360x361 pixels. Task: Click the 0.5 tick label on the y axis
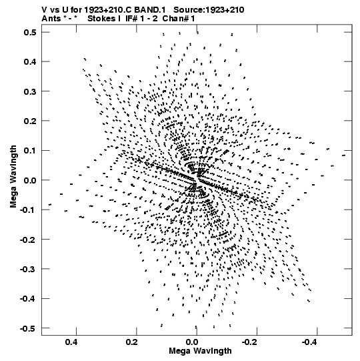pos(30,33)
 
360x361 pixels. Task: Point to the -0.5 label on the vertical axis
pos(28,328)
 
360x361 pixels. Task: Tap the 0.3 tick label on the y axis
pos(30,91)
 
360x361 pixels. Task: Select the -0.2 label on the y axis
pos(28,240)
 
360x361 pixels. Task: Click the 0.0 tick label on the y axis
pos(30,180)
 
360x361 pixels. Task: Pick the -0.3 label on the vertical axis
pos(28,269)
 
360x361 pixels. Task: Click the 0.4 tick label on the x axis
pos(71,342)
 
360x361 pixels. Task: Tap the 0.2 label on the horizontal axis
pos(132,342)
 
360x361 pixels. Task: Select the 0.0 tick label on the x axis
pos(192,342)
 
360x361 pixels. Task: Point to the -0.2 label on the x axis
pos(250,342)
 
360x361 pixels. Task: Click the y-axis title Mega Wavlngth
pos(13,177)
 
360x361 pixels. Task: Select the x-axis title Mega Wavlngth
pos(201,351)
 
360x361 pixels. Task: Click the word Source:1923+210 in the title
pos(209,10)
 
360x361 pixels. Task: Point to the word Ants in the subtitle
pos(51,19)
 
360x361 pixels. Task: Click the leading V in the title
pos(45,10)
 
